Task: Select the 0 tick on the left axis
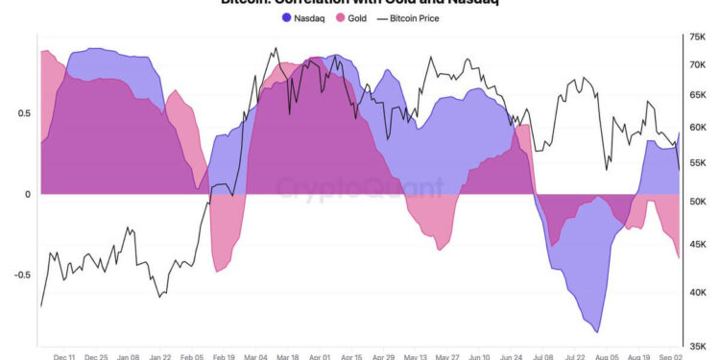click(28, 194)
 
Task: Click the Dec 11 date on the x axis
click(65, 355)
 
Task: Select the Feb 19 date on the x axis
click(224, 355)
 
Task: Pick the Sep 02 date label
click(666, 355)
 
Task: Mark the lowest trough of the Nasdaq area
click(598, 332)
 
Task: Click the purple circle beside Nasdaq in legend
click(287, 17)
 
